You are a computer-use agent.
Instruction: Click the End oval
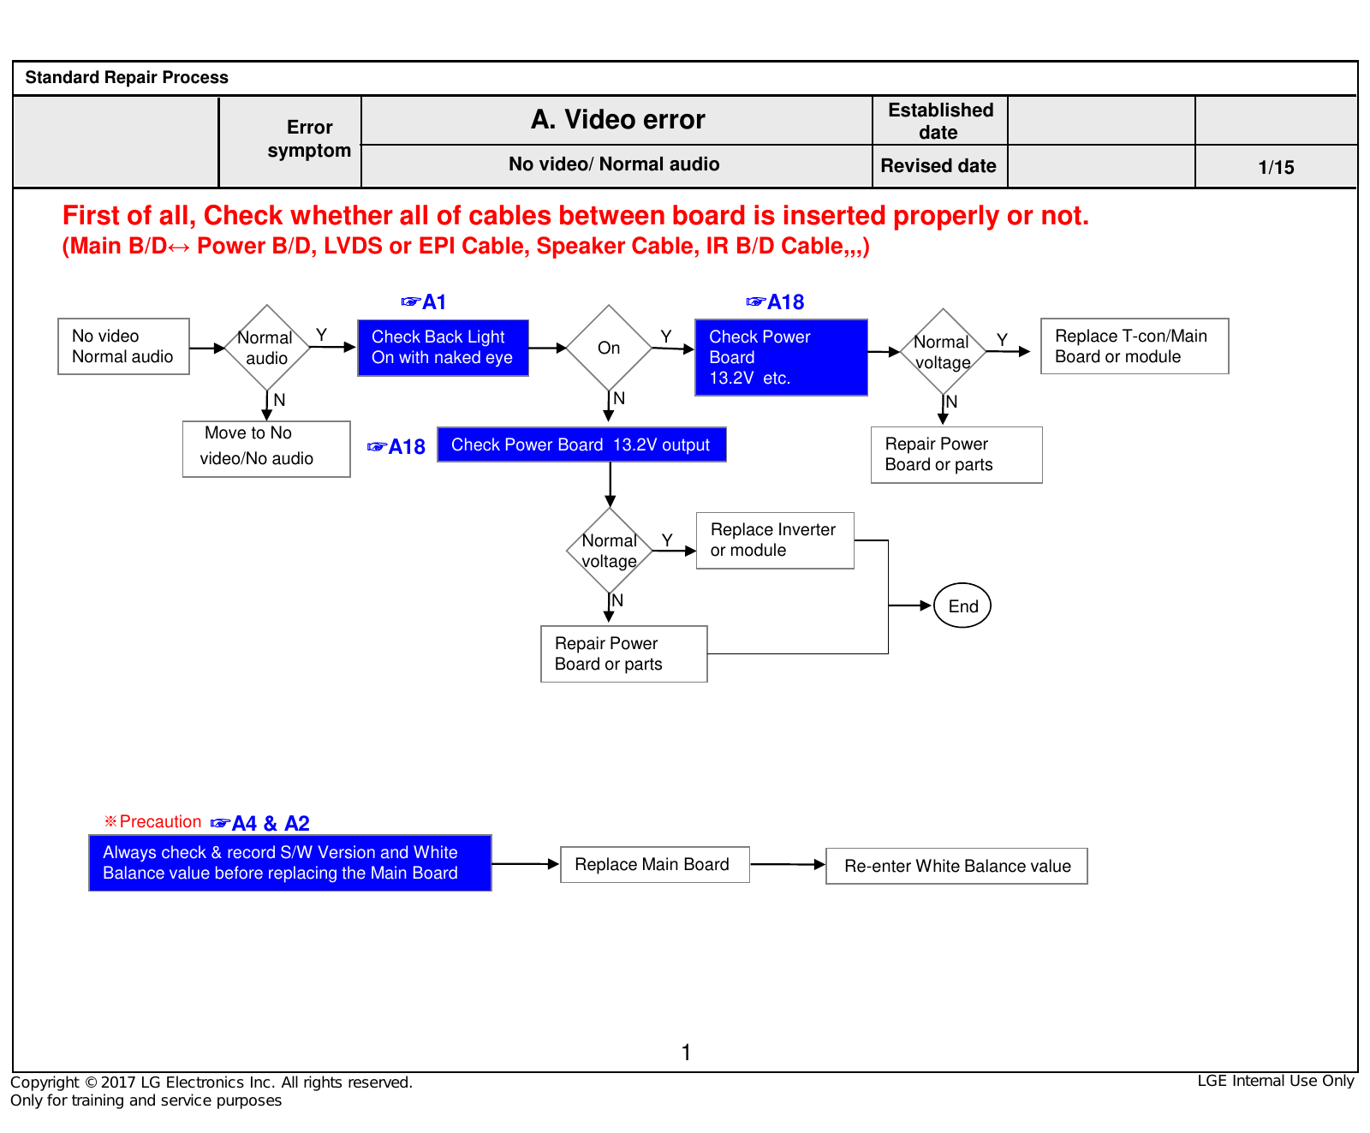click(x=962, y=605)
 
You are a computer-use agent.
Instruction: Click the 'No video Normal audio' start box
click(x=123, y=346)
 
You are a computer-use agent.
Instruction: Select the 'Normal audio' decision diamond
click(x=267, y=348)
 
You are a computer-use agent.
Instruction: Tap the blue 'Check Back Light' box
click(x=443, y=348)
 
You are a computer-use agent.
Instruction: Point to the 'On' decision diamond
click(x=609, y=348)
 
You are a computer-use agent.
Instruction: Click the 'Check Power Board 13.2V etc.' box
click(x=781, y=357)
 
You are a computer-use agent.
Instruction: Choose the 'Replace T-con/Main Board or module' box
click(x=1135, y=346)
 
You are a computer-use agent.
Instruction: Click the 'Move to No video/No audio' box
click(x=266, y=449)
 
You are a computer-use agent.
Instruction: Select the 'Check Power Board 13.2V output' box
click(x=581, y=444)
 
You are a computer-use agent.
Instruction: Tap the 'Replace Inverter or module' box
click(x=775, y=540)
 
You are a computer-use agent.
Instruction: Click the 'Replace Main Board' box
click(x=655, y=865)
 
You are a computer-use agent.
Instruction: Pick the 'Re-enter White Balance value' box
click(x=956, y=866)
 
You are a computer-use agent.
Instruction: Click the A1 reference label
click(x=424, y=302)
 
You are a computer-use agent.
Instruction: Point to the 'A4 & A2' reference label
click(x=260, y=823)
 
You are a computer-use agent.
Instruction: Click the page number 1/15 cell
click(x=1276, y=166)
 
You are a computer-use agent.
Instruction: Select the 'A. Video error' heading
click(x=617, y=120)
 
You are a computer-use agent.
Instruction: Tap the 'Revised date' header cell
click(x=939, y=166)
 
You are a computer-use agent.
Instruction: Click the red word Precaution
click(x=160, y=821)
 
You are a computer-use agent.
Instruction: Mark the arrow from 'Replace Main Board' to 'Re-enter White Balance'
click(x=788, y=865)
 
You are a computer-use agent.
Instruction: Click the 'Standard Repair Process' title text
click(x=127, y=77)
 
